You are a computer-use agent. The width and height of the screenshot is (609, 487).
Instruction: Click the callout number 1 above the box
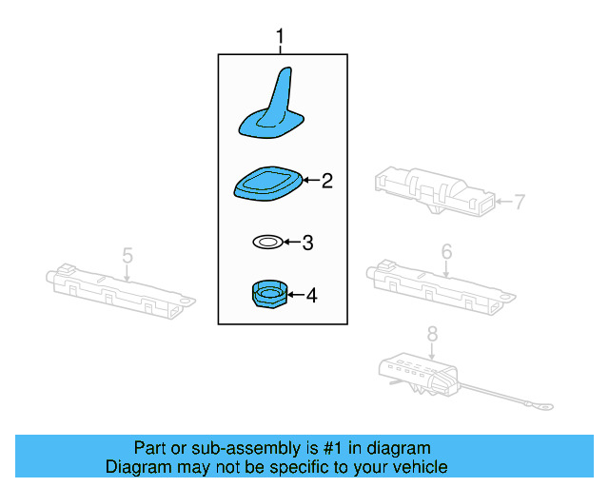(x=280, y=37)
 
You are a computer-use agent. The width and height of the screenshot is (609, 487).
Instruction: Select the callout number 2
(x=326, y=180)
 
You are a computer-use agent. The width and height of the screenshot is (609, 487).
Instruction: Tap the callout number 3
(x=306, y=243)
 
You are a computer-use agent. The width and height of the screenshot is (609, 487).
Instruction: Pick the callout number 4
(x=310, y=296)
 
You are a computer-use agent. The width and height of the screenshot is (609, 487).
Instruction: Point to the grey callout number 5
(x=128, y=255)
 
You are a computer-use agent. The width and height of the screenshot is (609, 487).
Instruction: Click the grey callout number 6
(x=446, y=252)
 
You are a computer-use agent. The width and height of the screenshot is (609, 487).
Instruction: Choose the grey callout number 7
(x=520, y=201)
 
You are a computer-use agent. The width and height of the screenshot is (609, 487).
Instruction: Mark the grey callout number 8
(x=432, y=335)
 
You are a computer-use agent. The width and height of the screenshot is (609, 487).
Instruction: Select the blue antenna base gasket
(x=268, y=183)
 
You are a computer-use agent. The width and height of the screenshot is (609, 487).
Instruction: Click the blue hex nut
(x=268, y=295)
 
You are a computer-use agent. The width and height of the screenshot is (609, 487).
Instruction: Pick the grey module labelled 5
(x=120, y=287)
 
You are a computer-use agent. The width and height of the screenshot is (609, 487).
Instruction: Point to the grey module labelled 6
(x=439, y=282)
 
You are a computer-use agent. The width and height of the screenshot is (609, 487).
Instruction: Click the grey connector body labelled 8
(x=420, y=373)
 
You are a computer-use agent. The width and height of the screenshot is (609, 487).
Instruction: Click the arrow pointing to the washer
(x=291, y=243)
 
